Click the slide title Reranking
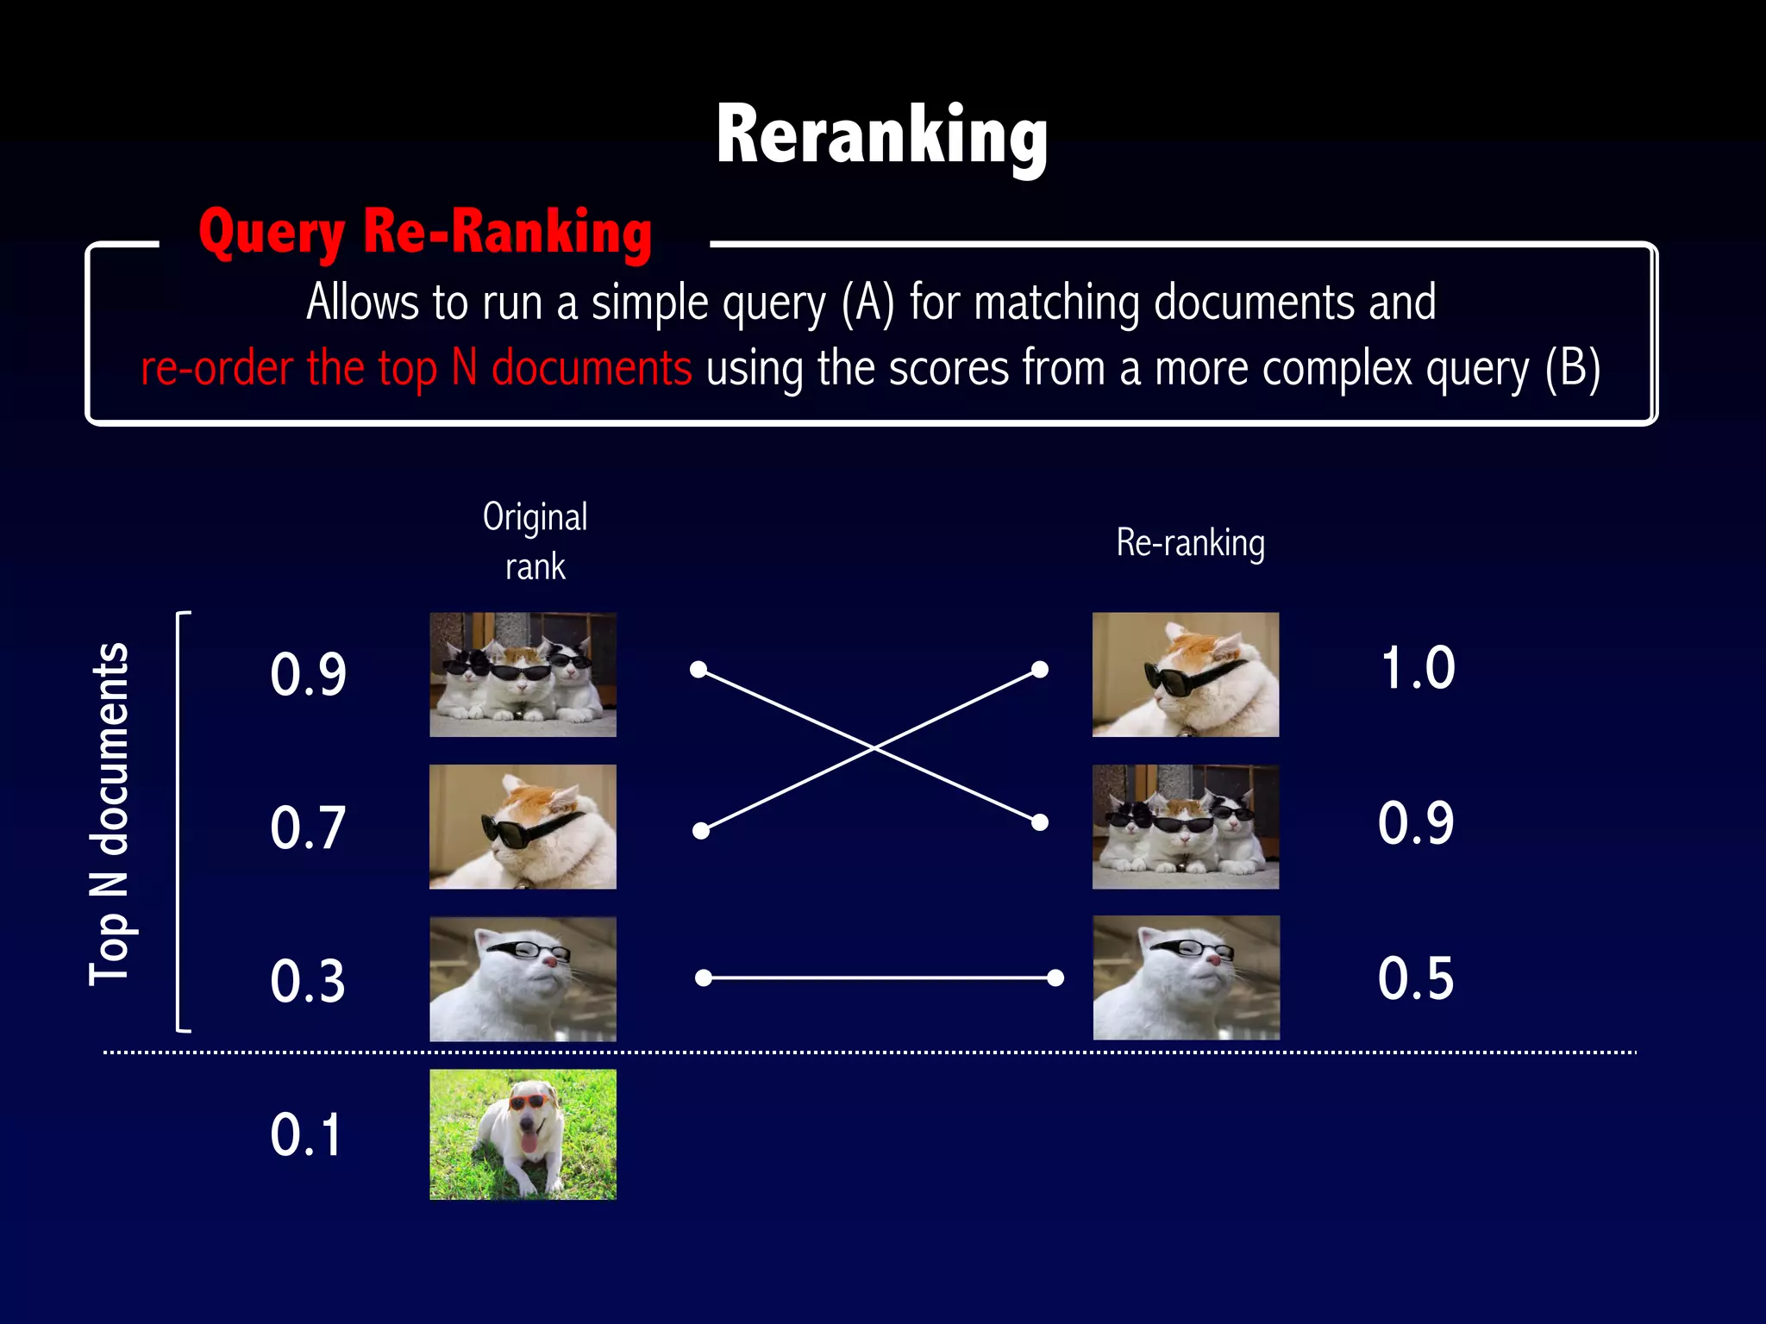[x=881, y=136]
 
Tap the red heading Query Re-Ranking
[x=425, y=233]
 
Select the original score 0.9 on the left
[x=308, y=674]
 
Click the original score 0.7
[x=308, y=827]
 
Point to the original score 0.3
[x=308, y=981]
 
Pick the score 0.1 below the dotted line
[x=306, y=1134]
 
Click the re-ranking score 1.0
[x=1417, y=668]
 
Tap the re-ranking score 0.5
[x=1416, y=978]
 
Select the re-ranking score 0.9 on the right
[x=1416, y=823]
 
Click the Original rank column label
[x=535, y=541]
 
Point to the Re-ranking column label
[x=1190, y=543]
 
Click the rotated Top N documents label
[x=110, y=815]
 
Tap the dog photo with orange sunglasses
[x=523, y=1134]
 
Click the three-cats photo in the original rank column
[x=523, y=674]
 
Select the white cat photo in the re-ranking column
[x=1186, y=977]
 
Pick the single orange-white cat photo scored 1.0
[x=1186, y=674]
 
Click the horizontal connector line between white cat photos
[x=880, y=977]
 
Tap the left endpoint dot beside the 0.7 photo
[x=701, y=831]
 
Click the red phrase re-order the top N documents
[x=416, y=369]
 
